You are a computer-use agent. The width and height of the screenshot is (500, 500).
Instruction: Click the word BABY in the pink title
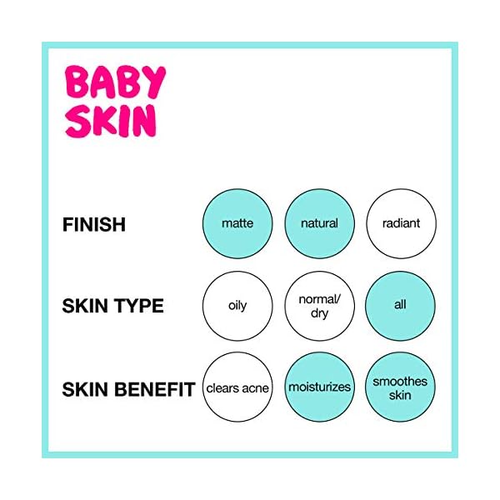(116, 84)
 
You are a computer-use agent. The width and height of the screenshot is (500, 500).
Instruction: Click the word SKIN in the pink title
(110, 122)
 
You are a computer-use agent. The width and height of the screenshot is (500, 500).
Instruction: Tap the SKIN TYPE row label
(112, 306)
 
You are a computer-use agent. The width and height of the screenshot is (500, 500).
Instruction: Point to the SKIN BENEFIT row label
(128, 388)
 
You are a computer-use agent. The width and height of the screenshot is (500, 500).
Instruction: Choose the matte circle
(237, 224)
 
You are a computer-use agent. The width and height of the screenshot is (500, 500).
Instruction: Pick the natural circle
(319, 224)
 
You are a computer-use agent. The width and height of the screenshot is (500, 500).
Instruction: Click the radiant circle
(401, 224)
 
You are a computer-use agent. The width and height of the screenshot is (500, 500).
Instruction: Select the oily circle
(237, 306)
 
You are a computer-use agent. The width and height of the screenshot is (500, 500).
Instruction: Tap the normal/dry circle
(319, 306)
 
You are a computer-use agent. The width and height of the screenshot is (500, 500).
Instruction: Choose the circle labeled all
(401, 306)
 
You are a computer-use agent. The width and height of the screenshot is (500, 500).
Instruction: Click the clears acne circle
(237, 387)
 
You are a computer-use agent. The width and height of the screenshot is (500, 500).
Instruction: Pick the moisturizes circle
(319, 387)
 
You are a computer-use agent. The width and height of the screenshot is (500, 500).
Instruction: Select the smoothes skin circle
(401, 387)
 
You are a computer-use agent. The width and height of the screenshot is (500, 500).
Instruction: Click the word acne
(256, 388)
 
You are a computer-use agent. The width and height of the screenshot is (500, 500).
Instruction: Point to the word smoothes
(401, 382)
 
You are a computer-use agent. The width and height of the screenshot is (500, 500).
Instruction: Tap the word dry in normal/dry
(319, 313)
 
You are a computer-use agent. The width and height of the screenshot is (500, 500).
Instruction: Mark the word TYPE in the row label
(138, 306)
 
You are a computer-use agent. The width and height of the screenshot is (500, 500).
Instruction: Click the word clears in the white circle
(223, 388)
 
